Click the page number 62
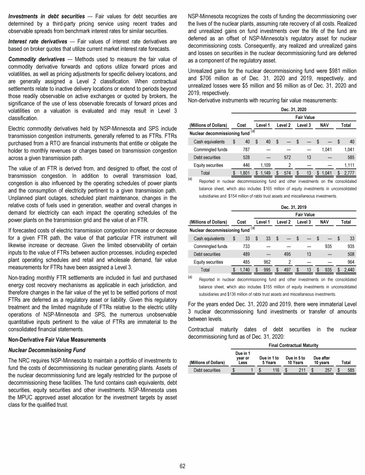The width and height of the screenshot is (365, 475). (182, 465)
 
